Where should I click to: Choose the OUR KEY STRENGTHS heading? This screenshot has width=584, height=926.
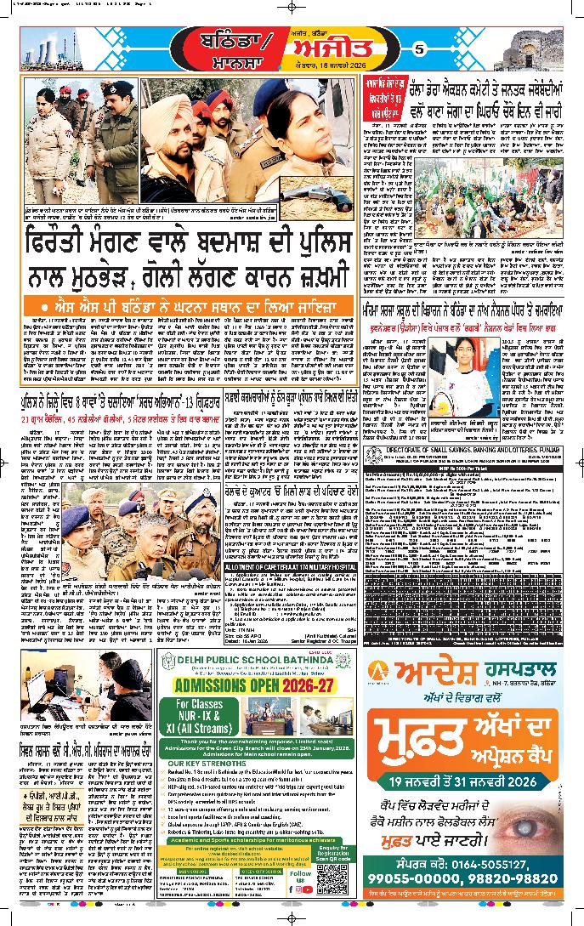(204, 787)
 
